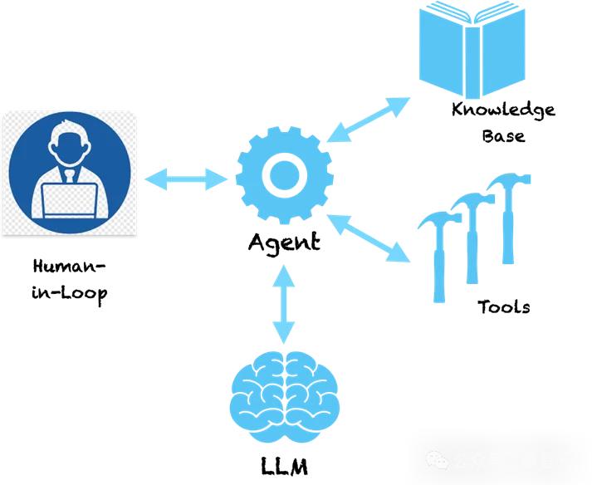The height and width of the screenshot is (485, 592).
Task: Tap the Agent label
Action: click(x=284, y=242)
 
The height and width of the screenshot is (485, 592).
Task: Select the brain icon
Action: click(x=285, y=398)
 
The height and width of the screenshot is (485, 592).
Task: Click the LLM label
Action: click(x=284, y=465)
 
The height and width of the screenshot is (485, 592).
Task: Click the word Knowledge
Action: click(x=503, y=110)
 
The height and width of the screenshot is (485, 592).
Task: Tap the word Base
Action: click(x=503, y=135)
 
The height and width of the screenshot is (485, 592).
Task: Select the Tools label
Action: click(x=503, y=306)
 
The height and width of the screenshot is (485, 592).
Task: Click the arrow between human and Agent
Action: click(x=186, y=178)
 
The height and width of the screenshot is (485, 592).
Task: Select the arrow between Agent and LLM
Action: click(x=284, y=305)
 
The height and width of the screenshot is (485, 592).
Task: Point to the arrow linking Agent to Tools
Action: click(x=370, y=239)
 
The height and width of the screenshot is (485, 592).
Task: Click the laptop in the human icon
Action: click(x=70, y=199)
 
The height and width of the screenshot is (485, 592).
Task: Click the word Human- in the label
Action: click(x=71, y=268)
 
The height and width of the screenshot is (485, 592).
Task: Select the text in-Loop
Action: click(x=71, y=293)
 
